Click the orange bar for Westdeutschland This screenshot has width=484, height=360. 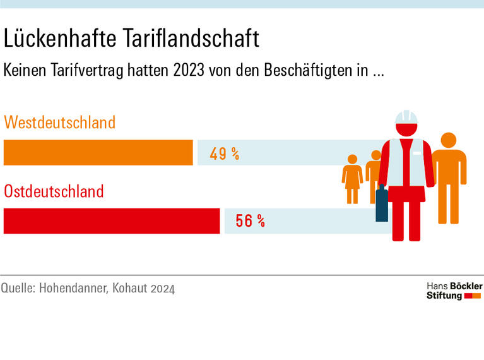[x=98, y=152]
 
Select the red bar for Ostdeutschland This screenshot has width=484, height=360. [x=112, y=221]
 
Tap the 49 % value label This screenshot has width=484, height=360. [x=224, y=153]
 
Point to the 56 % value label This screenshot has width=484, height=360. [x=250, y=221]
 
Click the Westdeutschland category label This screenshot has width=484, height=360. [x=60, y=122]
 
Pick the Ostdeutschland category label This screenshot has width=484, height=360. [x=54, y=191]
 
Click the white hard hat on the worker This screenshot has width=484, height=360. [x=407, y=117]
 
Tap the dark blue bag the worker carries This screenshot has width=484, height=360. [x=382, y=204]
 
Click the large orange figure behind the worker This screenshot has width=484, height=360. [x=449, y=177]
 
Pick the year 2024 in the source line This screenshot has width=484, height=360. [x=162, y=289]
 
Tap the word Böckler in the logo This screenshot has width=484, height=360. [x=464, y=286]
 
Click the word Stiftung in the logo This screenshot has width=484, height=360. [x=444, y=296]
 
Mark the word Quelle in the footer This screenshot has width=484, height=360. [x=17, y=289]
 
